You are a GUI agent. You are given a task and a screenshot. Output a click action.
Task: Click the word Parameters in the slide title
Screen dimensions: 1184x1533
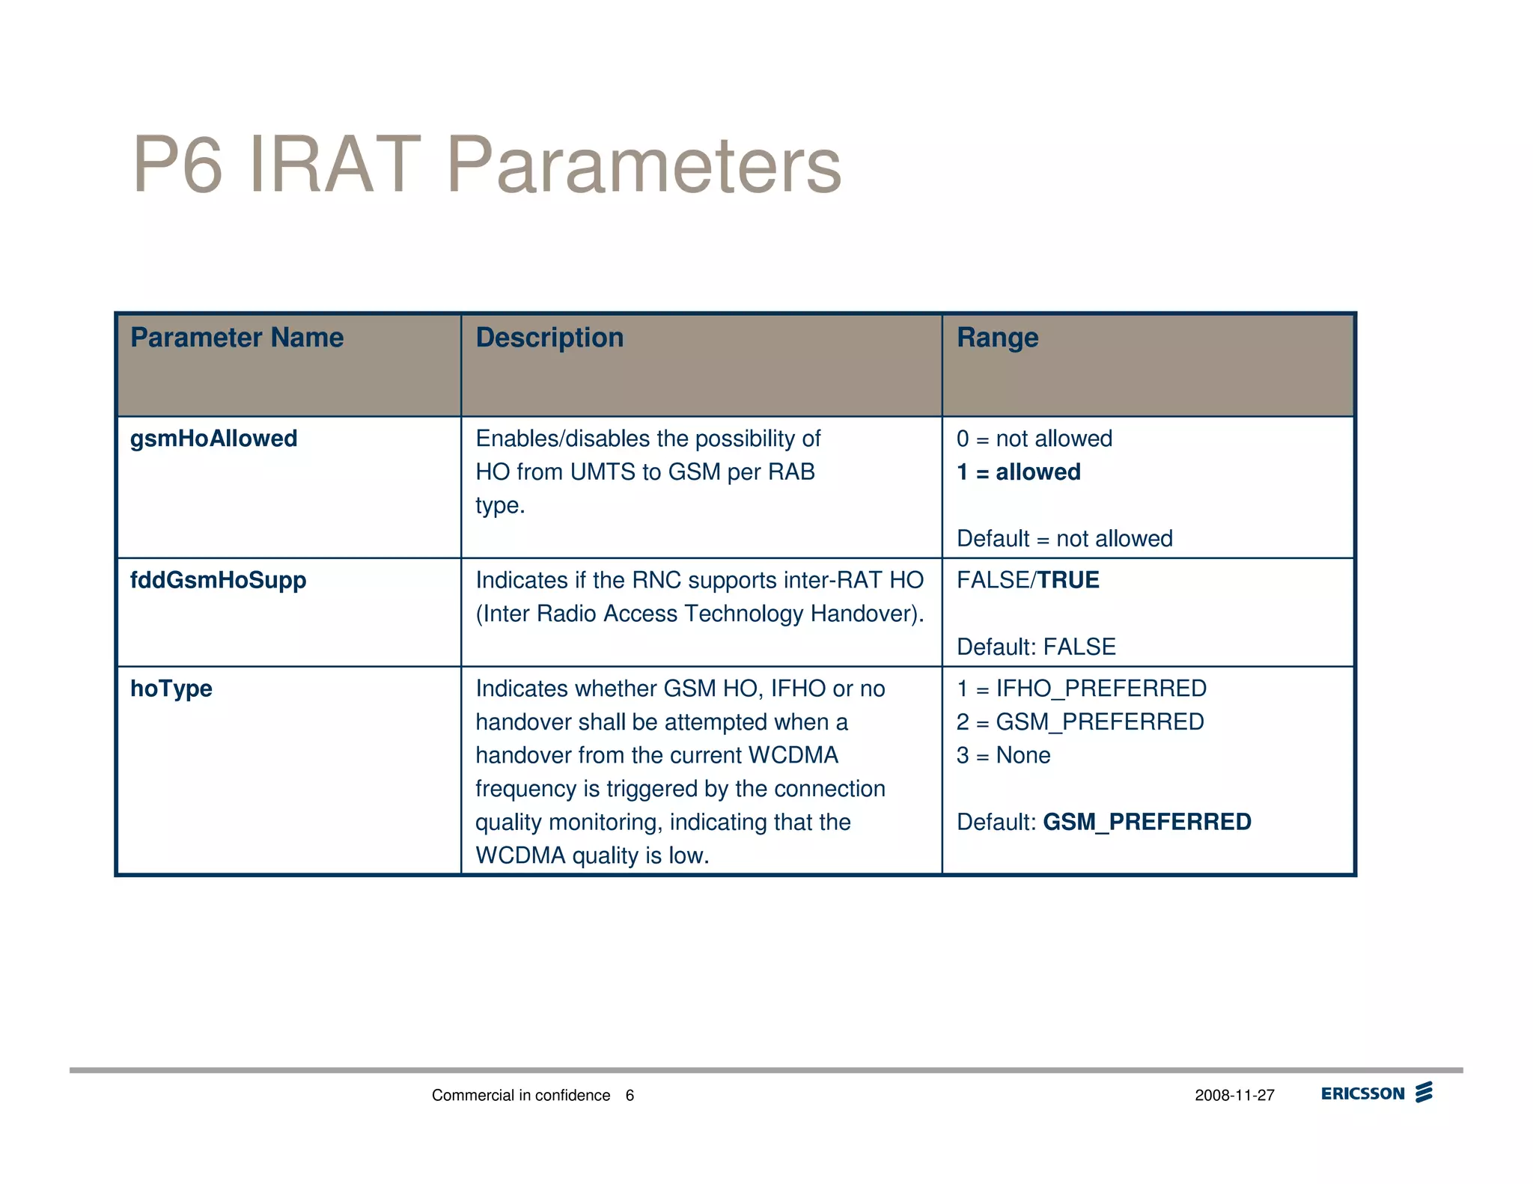pos(644,165)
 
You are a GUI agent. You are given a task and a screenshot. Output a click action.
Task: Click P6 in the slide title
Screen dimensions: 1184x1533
pos(178,165)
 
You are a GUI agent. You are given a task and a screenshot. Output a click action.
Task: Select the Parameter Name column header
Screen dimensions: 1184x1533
pos(237,338)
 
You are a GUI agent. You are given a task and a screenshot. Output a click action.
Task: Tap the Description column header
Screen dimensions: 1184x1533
pos(549,338)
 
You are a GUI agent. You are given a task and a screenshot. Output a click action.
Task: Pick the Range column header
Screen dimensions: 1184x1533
pos(997,338)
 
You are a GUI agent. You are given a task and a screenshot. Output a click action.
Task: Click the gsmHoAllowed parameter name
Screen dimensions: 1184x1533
pos(213,439)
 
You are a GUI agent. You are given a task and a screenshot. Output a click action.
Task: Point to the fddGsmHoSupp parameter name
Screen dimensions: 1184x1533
pos(218,580)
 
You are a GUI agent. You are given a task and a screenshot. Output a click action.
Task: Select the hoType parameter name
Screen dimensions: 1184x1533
pos(171,689)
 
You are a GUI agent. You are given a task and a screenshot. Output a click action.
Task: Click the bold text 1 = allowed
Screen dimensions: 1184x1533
pos(1018,472)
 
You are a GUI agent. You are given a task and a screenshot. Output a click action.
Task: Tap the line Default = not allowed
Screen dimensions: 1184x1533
pos(1064,539)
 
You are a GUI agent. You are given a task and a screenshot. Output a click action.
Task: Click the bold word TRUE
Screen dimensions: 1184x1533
pos(1068,580)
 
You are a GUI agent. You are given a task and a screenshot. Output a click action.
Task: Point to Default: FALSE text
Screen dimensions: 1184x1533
pos(1036,647)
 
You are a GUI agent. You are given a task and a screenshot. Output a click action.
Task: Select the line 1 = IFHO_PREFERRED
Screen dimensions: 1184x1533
pos(1081,689)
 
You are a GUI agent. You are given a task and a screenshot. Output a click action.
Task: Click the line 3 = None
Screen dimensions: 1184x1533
pos(1003,755)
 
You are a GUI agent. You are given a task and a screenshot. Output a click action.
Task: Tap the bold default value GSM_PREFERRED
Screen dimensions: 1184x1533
pos(1147,822)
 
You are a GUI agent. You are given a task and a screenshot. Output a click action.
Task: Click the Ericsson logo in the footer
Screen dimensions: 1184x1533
pos(1376,1093)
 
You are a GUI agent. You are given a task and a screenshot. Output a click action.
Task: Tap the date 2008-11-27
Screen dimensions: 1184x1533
pos(1234,1096)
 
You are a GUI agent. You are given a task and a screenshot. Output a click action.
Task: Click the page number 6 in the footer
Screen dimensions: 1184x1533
pos(630,1096)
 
